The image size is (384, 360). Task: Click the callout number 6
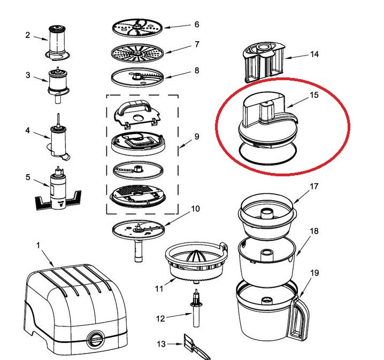pyautogui.click(x=197, y=25)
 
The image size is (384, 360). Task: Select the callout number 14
pyautogui.click(x=314, y=54)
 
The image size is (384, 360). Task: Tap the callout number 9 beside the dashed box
pyautogui.click(x=197, y=136)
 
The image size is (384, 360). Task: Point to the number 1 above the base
pyautogui.click(x=38, y=245)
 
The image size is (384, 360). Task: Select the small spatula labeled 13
pyautogui.click(x=196, y=347)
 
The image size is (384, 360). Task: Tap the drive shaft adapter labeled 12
pyautogui.click(x=196, y=308)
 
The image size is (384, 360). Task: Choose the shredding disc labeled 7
pyautogui.click(x=137, y=53)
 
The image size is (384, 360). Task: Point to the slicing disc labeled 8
pyautogui.click(x=137, y=77)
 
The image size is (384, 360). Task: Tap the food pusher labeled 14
pyautogui.click(x=264, y=62)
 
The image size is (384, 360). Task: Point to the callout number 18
pyautogui.click(x=314, y=231)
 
